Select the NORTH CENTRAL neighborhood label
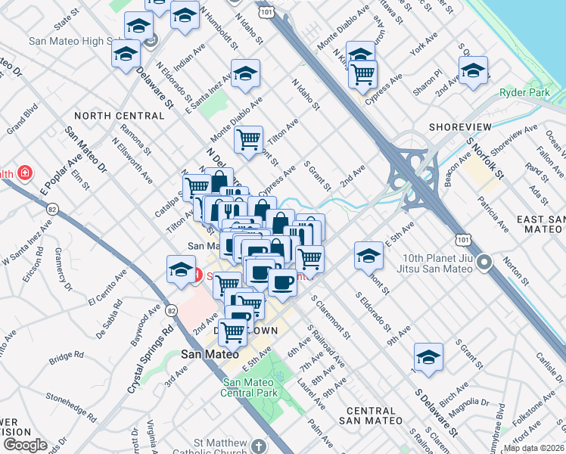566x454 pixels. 120,116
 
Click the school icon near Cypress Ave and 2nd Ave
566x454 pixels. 474,72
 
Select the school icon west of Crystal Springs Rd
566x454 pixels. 181,269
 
